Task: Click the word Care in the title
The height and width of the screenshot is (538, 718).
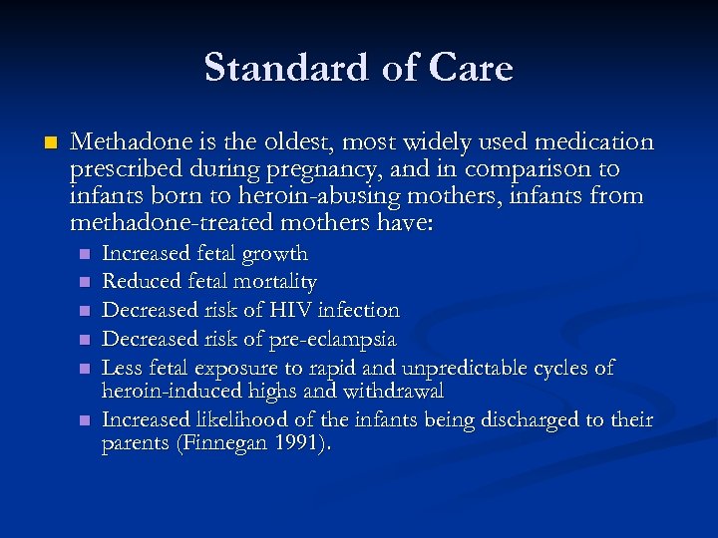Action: [473, 68]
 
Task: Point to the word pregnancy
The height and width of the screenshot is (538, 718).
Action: [311, 169]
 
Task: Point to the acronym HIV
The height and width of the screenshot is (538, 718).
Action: [290, 310]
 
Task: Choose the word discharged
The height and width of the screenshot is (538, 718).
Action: [527, 419]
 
